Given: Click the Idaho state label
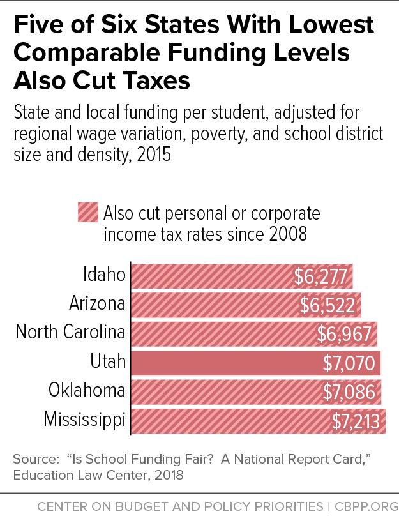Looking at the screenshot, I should tap(105, 275).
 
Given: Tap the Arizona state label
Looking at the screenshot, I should tap(97, 304).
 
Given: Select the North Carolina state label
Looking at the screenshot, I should tap(70, 332).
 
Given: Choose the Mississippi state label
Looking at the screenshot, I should tap(84, 420).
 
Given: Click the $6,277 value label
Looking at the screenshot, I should tap(321, 276).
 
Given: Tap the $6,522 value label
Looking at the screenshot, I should tap(327, 305).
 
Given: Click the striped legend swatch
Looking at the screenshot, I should tap(87, 212).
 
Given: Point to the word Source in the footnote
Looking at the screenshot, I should tap(31, 459).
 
